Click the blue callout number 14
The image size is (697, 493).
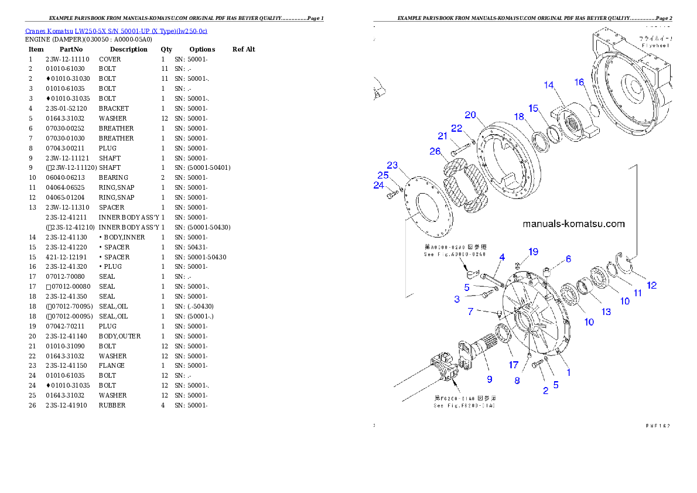pyautogui.click(x=548, y=85)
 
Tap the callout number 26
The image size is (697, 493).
pyautogui.click(x=435, y=151)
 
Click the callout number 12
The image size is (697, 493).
pyautogui.click(x=651, y=285)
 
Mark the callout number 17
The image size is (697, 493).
pyautogui.click(x=514, y=365)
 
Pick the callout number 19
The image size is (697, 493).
pyautogui.click(x=532, y=252)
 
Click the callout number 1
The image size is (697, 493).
pyautogui.click(x=568, y=371)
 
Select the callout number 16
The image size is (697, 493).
pyautogui.click(x=579, y=82)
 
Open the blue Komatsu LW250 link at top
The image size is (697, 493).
pyautogui.click(x=116, y=31)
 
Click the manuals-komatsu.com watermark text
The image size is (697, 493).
pyautogui.click(x=573, y=224)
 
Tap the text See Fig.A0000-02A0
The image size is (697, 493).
pyautogui.click(x=455, y=255)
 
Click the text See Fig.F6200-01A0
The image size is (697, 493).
pyautogui.click(x=464, y=405)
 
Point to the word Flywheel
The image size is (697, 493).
pyautogui.click(x=655, y=45)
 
